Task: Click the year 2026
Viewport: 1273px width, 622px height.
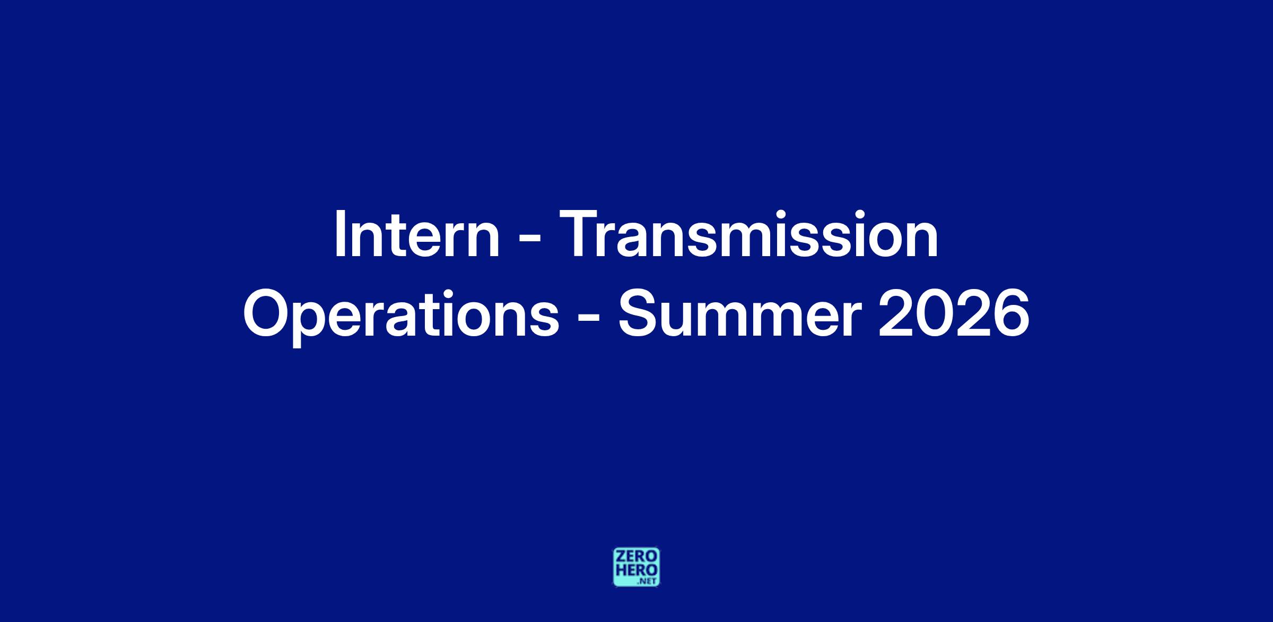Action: pos(954,313)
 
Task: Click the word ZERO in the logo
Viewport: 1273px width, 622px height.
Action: pos(636,557)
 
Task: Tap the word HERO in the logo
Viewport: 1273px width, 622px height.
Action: pos(636,571)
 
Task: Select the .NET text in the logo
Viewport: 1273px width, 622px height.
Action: pos(648,581)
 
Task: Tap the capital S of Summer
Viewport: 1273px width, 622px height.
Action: pos(639,313)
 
